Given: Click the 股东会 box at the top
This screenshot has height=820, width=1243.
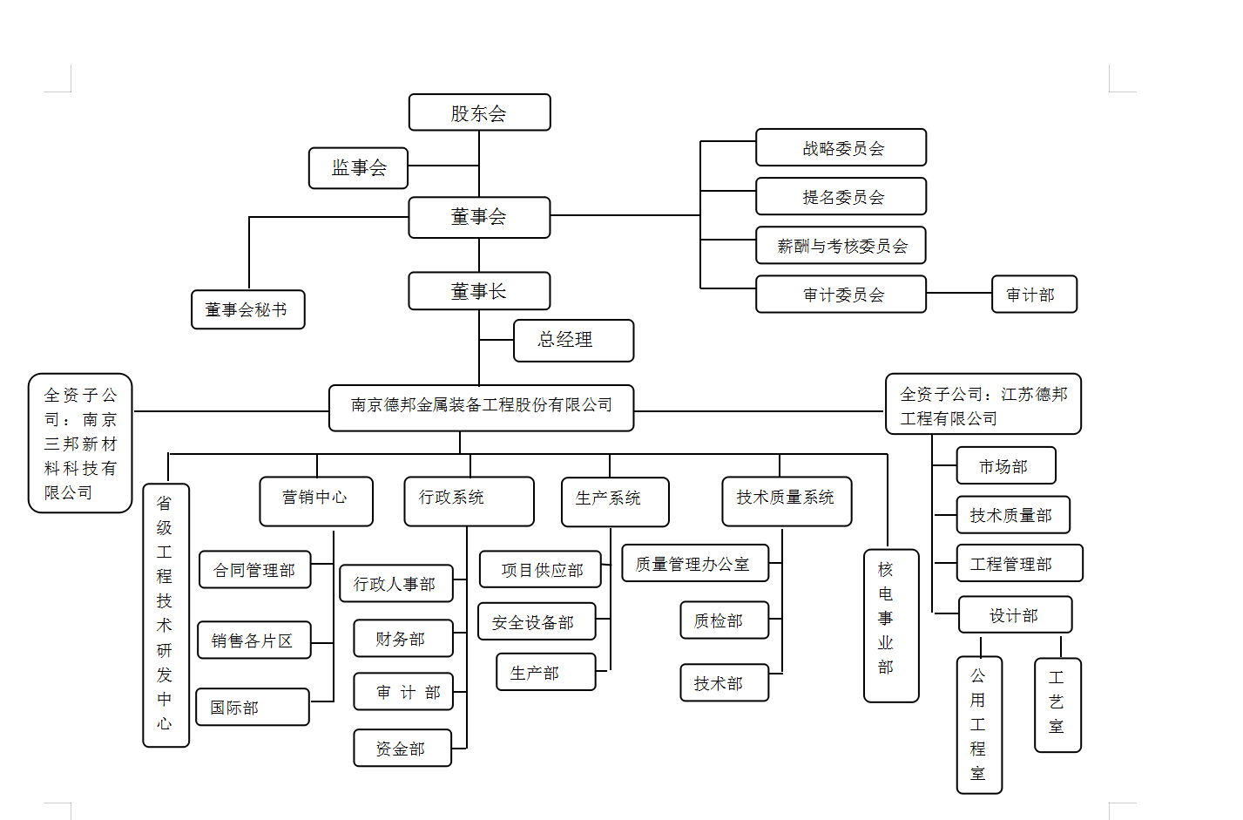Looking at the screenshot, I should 479,112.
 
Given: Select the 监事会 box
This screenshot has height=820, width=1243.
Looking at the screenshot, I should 358,167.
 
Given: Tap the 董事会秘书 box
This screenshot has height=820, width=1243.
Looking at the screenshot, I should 247,309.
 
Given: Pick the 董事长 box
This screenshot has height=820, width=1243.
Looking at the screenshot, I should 479,291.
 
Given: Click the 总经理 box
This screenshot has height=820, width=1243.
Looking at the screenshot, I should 573,340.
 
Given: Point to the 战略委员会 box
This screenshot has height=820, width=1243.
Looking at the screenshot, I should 841,148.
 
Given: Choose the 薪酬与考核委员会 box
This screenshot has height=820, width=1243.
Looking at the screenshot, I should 841,246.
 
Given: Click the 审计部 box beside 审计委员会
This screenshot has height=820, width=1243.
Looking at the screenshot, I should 1034,295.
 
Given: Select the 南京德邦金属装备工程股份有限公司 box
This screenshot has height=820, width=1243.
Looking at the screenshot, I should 481,407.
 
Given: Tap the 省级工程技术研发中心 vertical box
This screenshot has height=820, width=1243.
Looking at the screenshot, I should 166,614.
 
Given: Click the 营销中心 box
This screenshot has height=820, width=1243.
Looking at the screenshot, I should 315,500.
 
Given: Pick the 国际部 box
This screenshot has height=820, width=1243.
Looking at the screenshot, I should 253,707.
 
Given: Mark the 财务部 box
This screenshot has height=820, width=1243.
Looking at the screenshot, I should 402,639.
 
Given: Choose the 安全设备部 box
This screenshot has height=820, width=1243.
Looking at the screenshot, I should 537,622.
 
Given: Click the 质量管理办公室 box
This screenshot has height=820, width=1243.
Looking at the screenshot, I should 694,563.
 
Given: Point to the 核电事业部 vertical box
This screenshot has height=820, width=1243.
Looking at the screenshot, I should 890,625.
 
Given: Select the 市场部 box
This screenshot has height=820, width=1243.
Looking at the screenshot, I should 1005,465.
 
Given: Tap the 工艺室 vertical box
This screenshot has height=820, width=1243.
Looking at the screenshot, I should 1057,704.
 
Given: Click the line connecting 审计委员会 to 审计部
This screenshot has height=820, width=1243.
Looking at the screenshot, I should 959,294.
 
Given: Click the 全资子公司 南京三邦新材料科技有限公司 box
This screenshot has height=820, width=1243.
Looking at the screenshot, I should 80,443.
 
